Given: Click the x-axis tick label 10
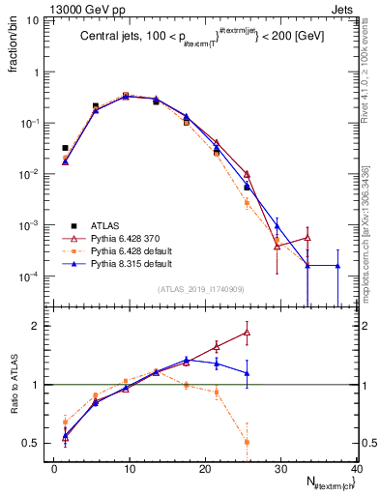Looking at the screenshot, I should [x=129, y=469].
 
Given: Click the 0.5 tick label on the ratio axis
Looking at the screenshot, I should [x=34, y=444].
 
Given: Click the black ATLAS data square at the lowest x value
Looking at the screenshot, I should [x=65, y=148].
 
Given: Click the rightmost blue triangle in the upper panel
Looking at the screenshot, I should [x=337, y=266].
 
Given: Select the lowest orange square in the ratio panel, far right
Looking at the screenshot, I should [x=247, y=442].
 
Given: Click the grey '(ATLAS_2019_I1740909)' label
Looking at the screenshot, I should [x=201, y=289].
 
